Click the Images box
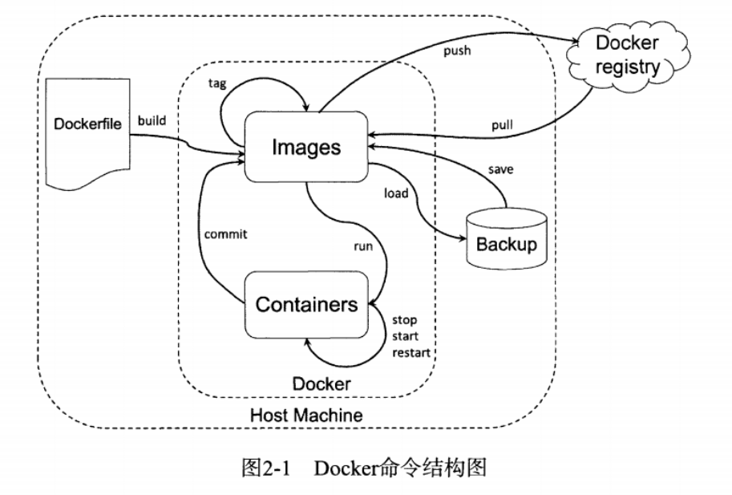306,147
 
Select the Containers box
305,305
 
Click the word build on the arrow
152,120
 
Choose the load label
397,193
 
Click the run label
363,246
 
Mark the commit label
225,234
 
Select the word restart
410,351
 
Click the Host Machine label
306,416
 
